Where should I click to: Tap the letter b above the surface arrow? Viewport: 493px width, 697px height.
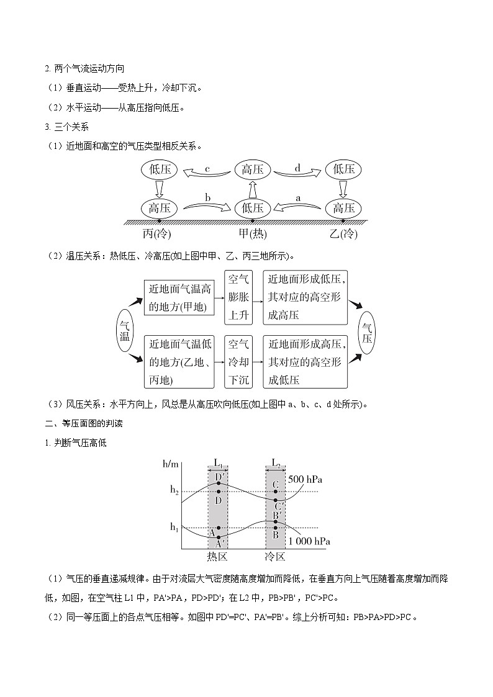tap(208, 197)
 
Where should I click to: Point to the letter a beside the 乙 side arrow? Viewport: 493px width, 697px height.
tap(298, 197)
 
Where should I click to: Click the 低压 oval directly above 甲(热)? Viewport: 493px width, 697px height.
tap(253, 208)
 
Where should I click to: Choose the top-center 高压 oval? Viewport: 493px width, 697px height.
tap(253, 169)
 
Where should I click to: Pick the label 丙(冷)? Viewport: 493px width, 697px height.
tap(156, 235)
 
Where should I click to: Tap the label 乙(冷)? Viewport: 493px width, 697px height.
tap(344, 235)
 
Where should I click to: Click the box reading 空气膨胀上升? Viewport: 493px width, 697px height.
tap(239, 297)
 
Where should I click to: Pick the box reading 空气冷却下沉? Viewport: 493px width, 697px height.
tap(239, 361)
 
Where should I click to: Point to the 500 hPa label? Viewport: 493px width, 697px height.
tap(323, 480)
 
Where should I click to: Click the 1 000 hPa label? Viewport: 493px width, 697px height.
tap(309, 541)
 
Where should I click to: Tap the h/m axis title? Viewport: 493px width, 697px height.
tap(170, 464)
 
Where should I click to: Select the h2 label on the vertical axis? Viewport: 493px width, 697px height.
tap(174, 490)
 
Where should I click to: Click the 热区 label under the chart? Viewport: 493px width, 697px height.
tap(218, 556)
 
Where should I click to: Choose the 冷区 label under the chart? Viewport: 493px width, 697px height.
tap(275, 556)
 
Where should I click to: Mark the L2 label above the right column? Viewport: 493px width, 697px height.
tap(276, 462)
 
